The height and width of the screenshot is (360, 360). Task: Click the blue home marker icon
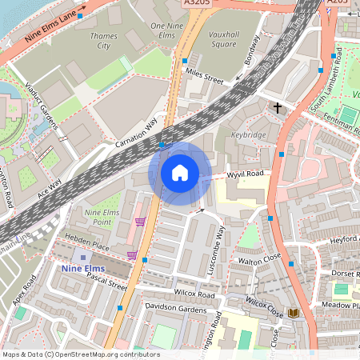click(180, 173)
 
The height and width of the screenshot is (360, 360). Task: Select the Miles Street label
click(203, 78)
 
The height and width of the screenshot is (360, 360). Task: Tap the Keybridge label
click(250, 135)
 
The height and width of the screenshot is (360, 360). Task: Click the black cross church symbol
click(278, 106)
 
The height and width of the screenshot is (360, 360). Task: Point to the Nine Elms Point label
click(102, 217)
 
